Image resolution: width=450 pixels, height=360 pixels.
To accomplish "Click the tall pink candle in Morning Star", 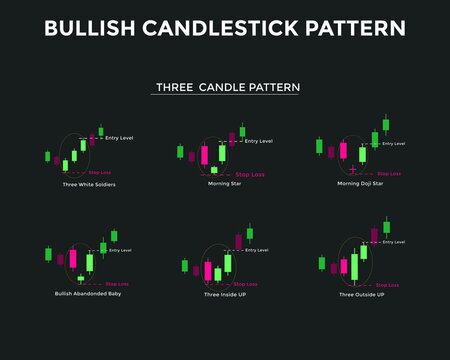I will tap(204, 154).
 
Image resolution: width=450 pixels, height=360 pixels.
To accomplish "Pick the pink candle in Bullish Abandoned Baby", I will tap(72, 257).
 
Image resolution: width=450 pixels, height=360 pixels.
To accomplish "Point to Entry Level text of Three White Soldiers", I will tap(119, 137).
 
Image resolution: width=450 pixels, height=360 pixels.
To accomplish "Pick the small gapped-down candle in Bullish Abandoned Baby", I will tap(80, 276).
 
